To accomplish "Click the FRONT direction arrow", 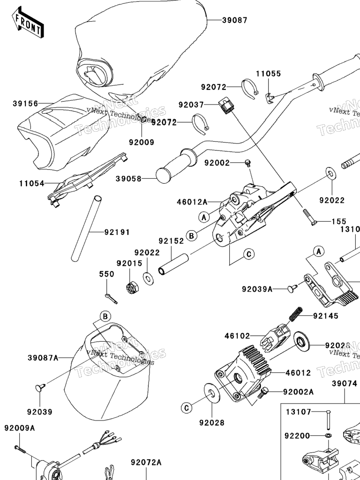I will (x=28, y=24).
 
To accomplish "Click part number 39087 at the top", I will (x=234, y=20).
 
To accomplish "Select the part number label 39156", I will (x=25, y=103).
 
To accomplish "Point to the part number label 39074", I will (x=345, y=383).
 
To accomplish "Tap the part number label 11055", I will (x=268, y=74).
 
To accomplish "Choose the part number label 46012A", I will (x=192, y=202).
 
